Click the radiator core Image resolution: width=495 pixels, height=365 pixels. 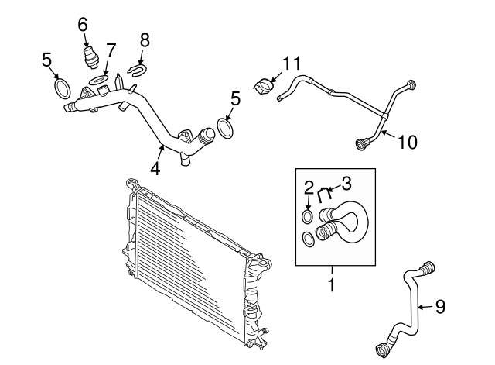(193, 263)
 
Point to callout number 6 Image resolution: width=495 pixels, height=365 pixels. (83, 24)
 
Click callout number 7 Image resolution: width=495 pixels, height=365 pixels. (111, 51)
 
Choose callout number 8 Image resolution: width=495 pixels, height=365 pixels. (144, 40)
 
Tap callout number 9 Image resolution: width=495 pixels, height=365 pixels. (439, 307)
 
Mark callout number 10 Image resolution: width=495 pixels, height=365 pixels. (408, 142)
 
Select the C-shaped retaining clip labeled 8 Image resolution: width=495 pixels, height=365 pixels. (136, 72)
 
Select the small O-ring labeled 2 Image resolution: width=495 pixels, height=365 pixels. (308, 215)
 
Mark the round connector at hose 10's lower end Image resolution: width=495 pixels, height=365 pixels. (360, 143)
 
